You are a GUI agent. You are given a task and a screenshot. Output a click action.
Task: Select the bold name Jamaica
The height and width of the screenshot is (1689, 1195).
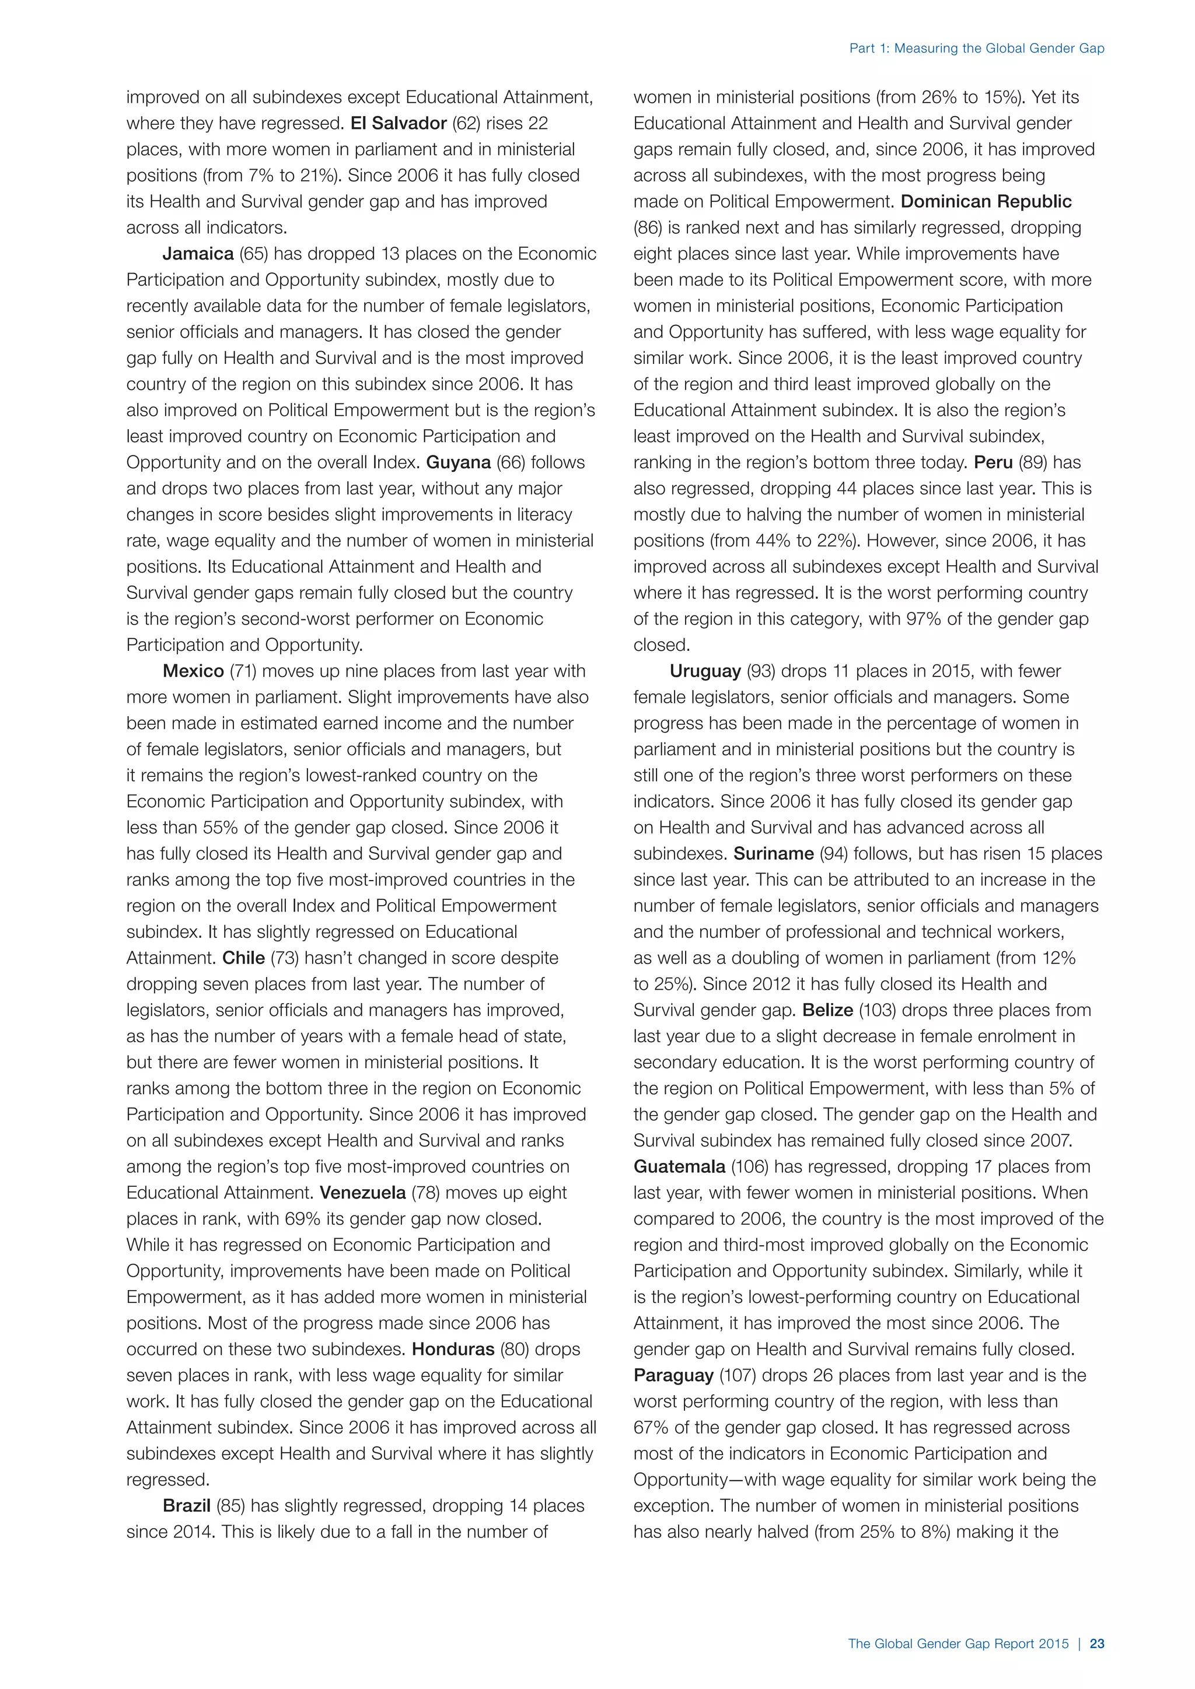point(198,254)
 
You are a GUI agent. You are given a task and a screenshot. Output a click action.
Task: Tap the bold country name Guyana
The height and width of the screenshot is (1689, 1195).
point(459,462)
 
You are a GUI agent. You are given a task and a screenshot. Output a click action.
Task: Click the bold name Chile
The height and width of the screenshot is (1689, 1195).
point(243,958)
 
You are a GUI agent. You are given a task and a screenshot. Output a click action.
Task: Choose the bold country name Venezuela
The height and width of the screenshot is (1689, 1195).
point(363,1193)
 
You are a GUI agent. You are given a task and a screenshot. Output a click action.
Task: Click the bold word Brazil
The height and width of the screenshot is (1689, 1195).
point(187,1506)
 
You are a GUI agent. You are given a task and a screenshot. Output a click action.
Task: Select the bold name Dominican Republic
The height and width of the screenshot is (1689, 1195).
point(986,202)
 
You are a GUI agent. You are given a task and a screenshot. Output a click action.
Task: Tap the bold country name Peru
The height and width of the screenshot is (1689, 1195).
point(993,462)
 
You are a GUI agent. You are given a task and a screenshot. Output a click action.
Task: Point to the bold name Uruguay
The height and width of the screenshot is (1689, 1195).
point(705,671)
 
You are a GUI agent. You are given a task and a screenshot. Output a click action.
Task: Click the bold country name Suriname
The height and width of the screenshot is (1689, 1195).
point(773,853)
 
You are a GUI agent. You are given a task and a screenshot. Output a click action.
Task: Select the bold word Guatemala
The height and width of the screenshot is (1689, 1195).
point(679,1166)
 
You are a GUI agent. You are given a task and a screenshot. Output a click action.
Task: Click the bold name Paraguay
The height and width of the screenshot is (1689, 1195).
point(673,1375)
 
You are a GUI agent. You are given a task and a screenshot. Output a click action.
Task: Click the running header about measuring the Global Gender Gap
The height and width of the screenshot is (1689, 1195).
point(976,48)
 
